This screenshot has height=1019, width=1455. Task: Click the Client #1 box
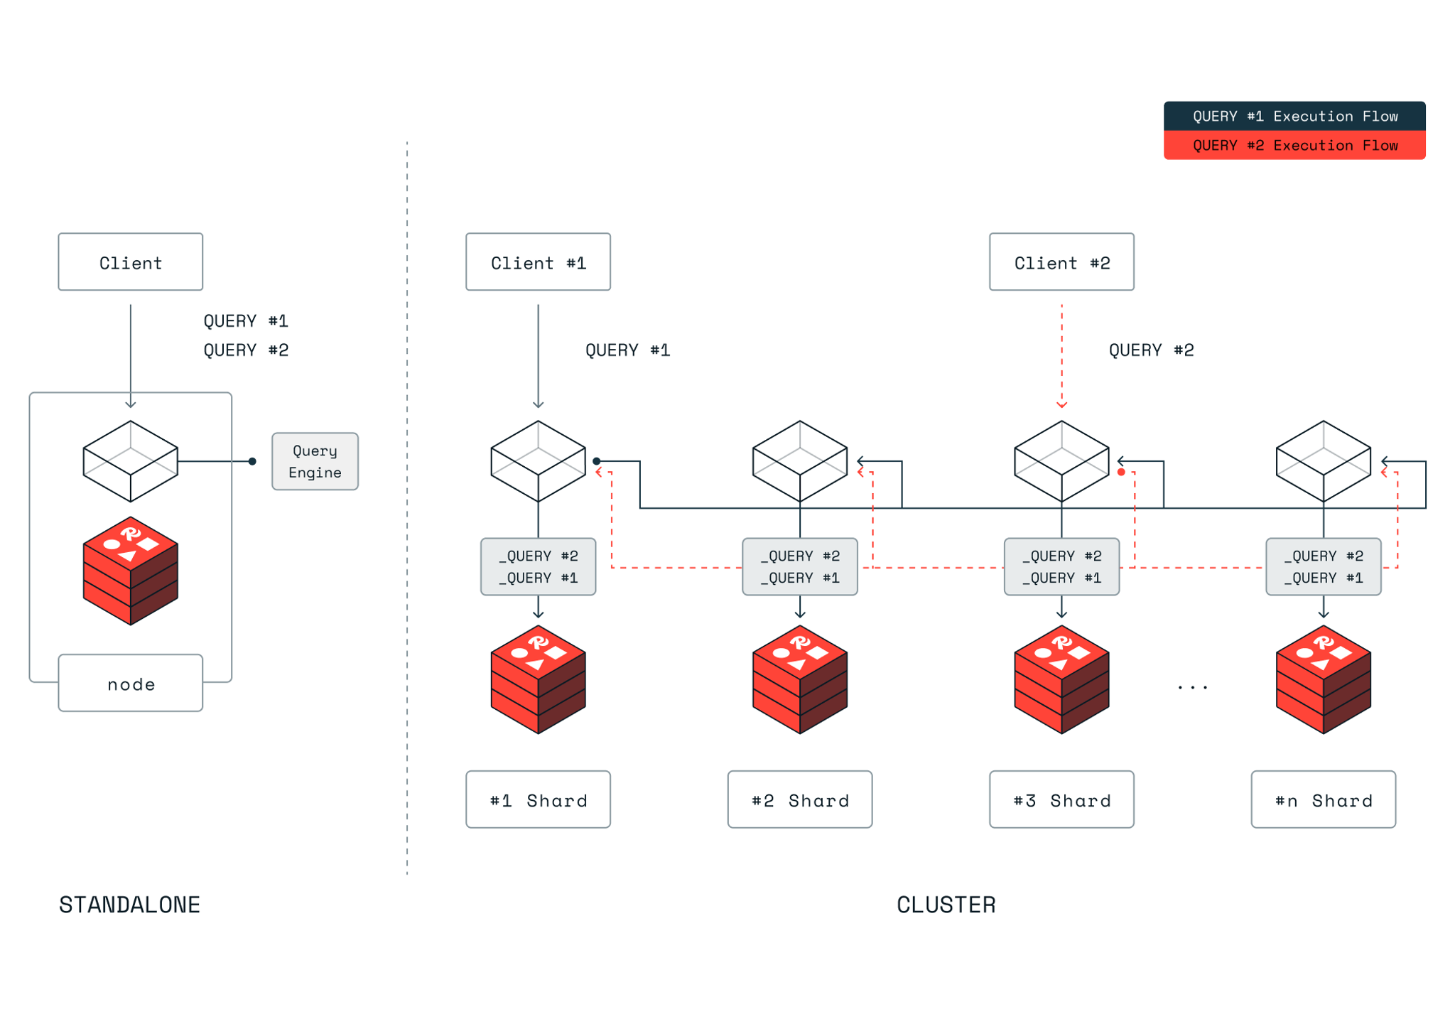538,262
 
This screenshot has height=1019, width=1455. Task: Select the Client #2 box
1061,262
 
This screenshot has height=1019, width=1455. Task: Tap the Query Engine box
315,461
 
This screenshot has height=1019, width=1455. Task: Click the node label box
131,683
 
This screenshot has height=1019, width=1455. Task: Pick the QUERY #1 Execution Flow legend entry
1294,116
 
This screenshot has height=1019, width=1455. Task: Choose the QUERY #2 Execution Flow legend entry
1294,145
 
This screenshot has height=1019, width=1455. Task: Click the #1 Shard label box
538,799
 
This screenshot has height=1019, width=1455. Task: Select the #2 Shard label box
800,799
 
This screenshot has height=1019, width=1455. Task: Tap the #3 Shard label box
1061,799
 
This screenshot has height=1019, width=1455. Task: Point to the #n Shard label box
1323,799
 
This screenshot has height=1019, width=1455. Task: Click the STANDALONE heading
129,905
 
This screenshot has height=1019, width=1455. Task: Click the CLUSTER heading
946,905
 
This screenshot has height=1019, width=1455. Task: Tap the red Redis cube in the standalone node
131,571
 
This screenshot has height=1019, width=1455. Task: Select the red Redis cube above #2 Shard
800,679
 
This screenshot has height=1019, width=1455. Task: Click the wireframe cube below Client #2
1061,461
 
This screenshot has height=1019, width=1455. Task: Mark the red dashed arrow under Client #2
1061,355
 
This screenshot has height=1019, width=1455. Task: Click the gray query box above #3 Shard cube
1061,566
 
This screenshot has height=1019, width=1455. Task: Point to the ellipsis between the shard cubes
1192,687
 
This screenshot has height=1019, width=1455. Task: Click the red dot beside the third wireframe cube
1121,472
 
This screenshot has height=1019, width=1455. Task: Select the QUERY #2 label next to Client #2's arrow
1151,350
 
